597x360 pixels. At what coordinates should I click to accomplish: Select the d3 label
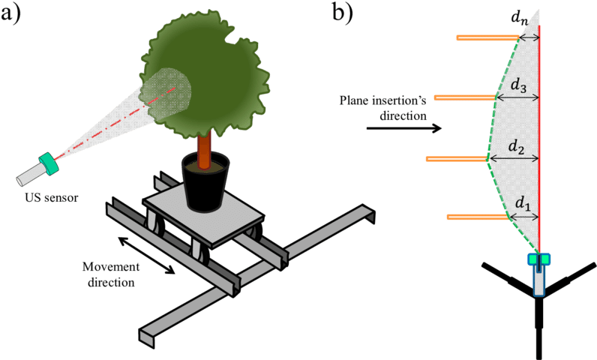(x=518, y=88)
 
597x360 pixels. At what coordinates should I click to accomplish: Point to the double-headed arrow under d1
(x=523, y=217)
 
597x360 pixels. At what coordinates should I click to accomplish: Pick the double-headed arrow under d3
(x=517, y=97)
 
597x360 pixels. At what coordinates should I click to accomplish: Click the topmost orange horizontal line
(x=487, y=37)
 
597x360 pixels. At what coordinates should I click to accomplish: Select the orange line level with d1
(x=476, y=217)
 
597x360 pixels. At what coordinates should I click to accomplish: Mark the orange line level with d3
(x=464, y=97)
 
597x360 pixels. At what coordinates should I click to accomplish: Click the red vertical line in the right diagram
(x=540, y=135)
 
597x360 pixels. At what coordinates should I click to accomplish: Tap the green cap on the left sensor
(x=49, y=164)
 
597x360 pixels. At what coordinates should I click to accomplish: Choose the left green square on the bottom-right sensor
(x=533, y=259)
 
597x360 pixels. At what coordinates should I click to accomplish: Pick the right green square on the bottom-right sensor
(x=546, y=259)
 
